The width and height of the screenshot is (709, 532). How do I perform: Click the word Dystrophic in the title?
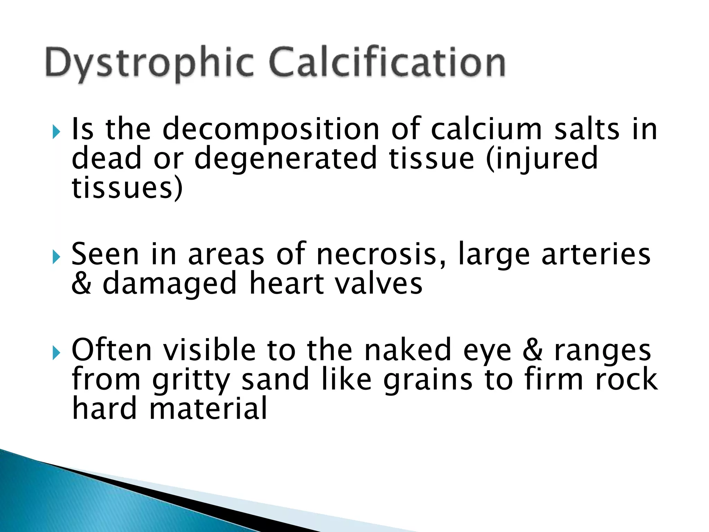tap(149, 64)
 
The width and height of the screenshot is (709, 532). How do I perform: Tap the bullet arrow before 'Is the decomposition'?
tap(56, 132)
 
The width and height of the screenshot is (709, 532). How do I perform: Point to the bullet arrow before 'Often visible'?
tap(56, 353)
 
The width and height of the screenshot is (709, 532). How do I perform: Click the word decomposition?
tap(271, 130)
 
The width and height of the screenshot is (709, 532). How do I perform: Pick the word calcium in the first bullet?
tap(486, 129)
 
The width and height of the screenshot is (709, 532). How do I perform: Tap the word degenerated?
tap(285, 159)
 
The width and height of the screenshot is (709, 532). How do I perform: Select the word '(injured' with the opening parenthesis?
tap(542, 159)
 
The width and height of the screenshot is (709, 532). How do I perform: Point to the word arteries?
tap(596, 255)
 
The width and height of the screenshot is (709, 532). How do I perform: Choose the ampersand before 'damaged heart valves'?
tap(82, 283)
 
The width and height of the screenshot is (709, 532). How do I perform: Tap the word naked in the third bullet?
tap(408, 350)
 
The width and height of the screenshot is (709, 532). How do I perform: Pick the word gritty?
tap(191, 380)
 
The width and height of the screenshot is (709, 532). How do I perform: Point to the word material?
tap(208, 408)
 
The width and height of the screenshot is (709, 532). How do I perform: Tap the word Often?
tap(111, 350)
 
